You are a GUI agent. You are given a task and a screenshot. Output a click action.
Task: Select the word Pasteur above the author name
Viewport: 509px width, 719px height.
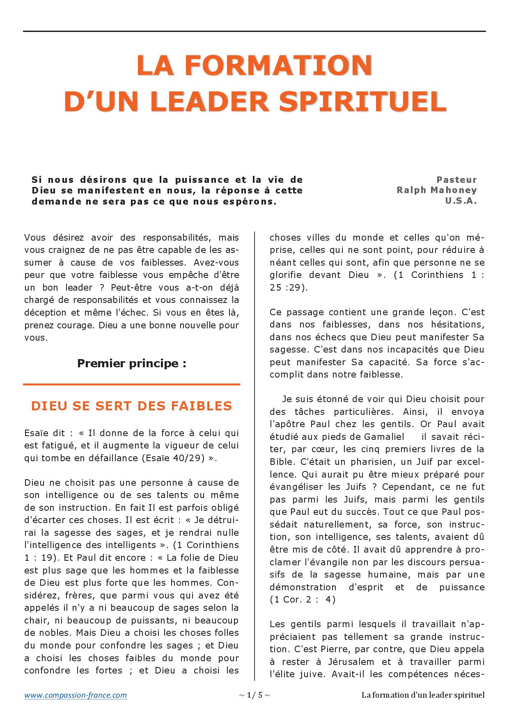click(456, 180)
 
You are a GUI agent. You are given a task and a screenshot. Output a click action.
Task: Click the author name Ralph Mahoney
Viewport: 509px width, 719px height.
click(437, 191)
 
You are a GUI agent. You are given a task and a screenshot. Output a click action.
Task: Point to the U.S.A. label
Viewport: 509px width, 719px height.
click(461, 201)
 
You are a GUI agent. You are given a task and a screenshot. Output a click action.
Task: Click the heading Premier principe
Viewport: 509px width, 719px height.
click(131, 364)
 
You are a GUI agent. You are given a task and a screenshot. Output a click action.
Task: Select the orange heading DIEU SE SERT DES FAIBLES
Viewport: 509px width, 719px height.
click(131, 406)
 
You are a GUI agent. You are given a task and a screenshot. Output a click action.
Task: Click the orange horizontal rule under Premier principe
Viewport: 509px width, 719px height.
click(131, 385)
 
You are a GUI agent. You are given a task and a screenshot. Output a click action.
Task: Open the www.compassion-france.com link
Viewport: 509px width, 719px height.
click(76, 695)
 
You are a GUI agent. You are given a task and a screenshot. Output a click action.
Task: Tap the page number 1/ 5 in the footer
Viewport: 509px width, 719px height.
click(254, 695)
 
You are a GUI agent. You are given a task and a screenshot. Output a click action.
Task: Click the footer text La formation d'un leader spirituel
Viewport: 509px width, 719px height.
click(423, 695)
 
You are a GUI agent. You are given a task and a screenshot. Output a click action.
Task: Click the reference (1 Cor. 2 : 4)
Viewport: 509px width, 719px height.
click(303, 600)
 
